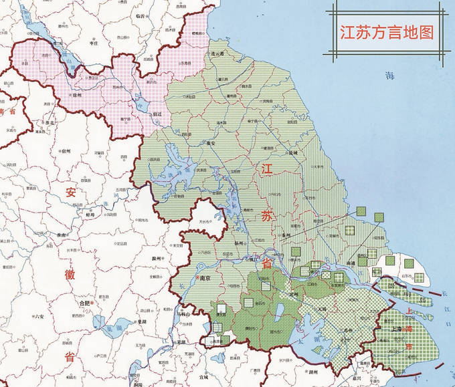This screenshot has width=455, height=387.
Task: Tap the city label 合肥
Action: (x=85, y=302)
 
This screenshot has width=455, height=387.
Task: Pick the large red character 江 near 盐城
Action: (x=267, y=168)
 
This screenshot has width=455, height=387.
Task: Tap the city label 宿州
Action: (x=66, y=151)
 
